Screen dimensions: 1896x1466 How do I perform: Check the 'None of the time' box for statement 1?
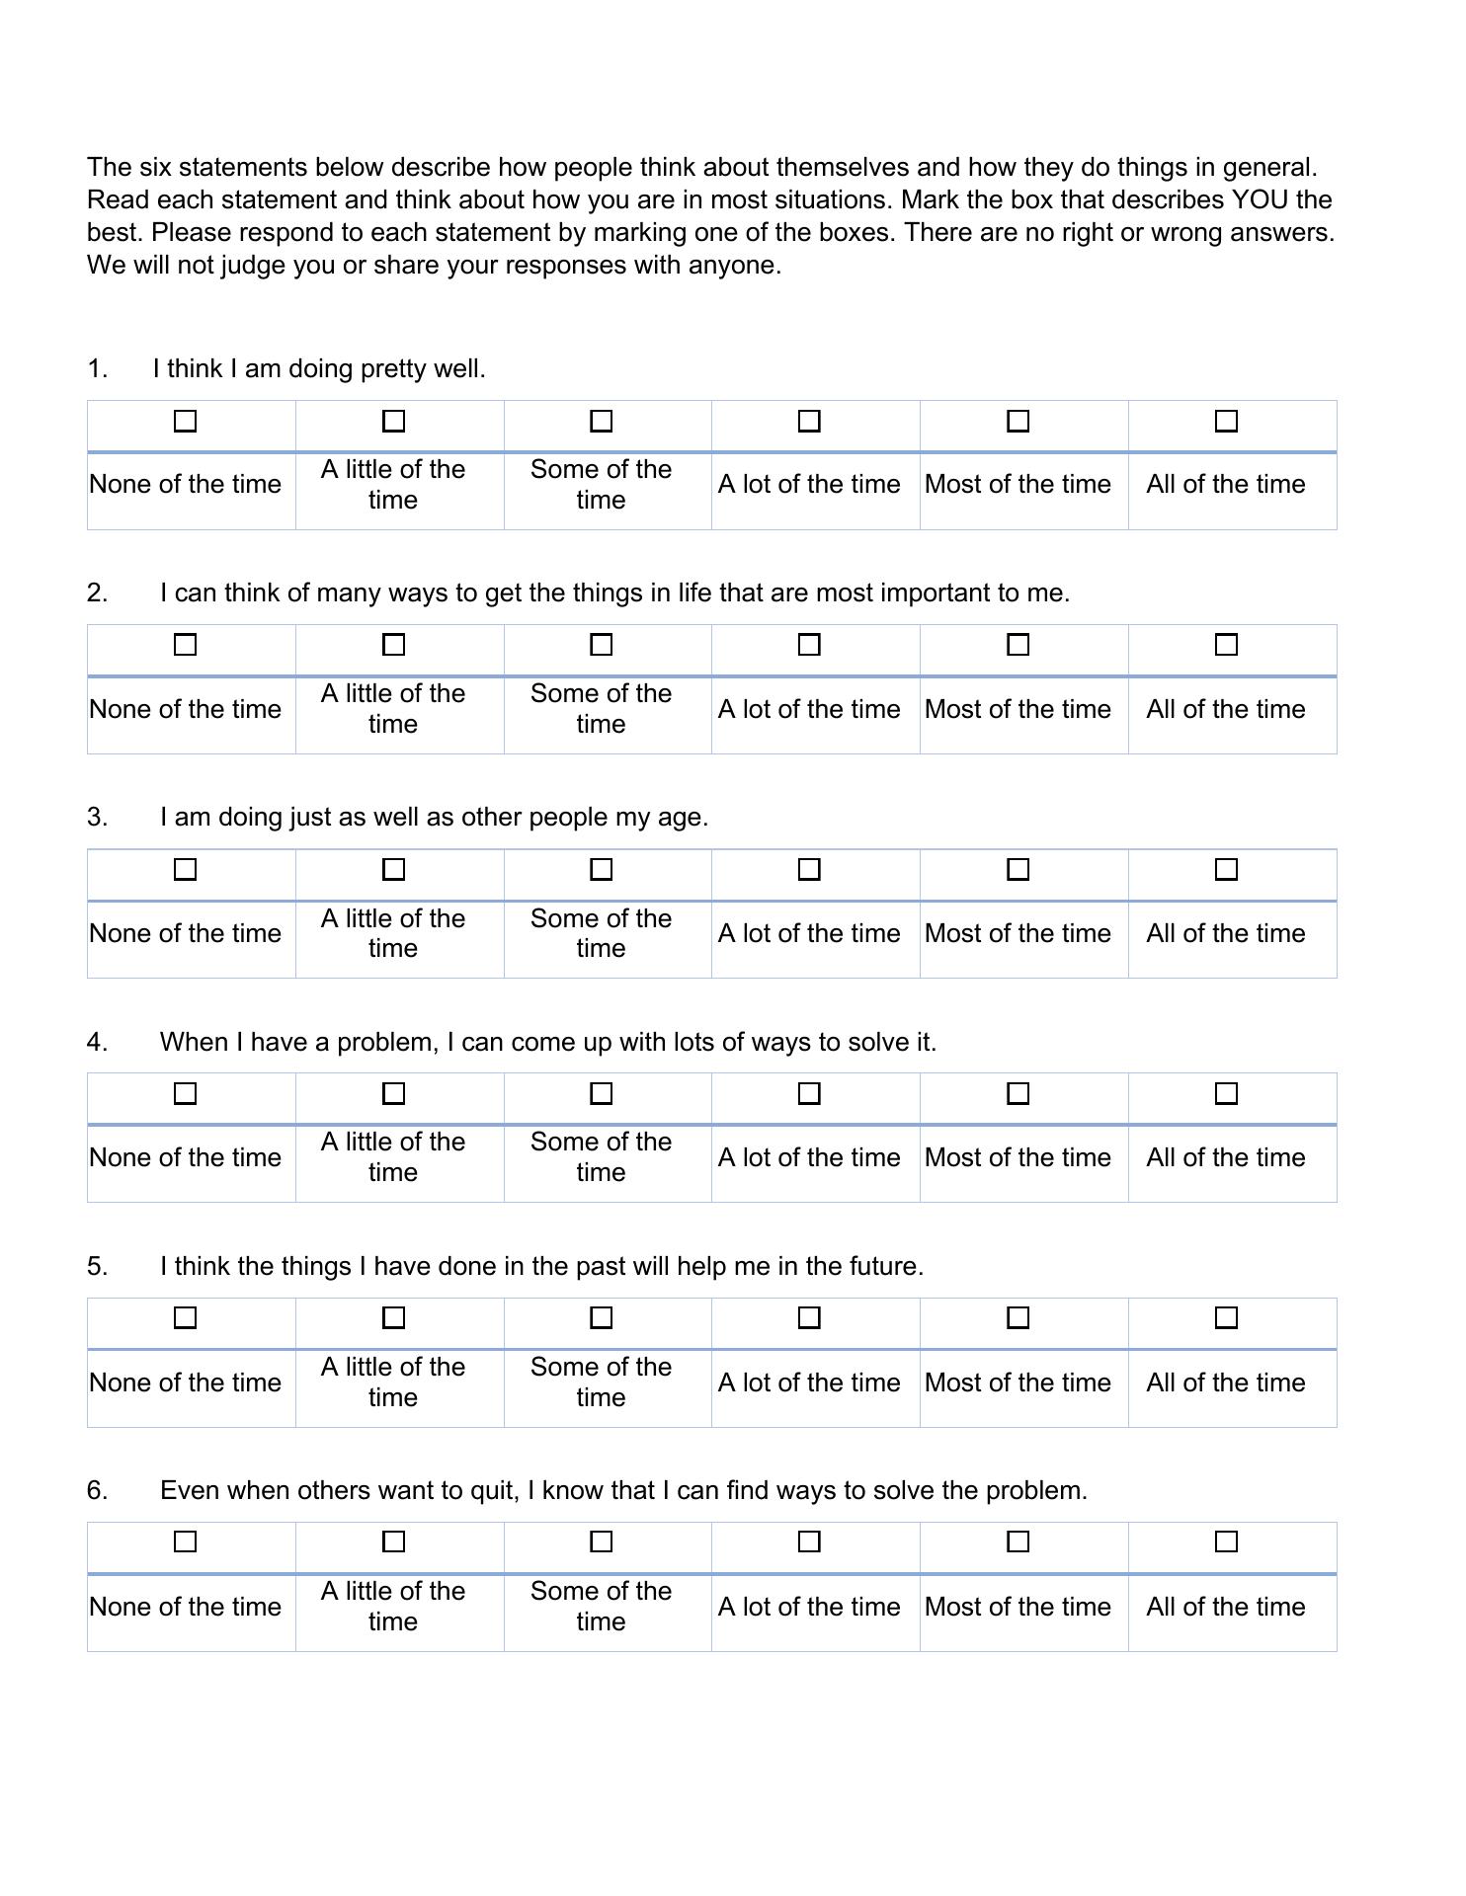tap(185, 422)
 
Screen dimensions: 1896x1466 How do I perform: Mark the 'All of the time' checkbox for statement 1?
tap(1226, 422)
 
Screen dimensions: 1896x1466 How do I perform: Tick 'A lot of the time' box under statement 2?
tap(809, 645)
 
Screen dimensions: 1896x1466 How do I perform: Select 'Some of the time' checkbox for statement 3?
tap(601, 870)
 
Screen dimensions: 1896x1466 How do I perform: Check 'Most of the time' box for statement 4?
tap(1018, 1094)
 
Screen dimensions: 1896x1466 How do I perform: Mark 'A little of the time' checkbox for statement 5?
tap(393, 1318)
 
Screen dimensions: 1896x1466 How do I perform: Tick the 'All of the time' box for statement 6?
tap(1226, 1541)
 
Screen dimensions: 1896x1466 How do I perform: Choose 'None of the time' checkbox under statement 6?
tap(185, 1541)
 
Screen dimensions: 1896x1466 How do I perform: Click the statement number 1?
tap(96, 369)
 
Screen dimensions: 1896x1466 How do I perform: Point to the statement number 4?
tap(96, 1042)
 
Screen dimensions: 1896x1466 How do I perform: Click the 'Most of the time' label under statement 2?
tap(1018, 709)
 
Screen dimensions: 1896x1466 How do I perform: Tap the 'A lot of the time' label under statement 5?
tap(809, 1382)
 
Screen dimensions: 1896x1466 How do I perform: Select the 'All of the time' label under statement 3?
tap(1226, 933)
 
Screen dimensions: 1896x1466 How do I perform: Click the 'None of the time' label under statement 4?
tap(185, 1157)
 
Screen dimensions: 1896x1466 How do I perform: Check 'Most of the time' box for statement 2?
tap(1018, 645)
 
